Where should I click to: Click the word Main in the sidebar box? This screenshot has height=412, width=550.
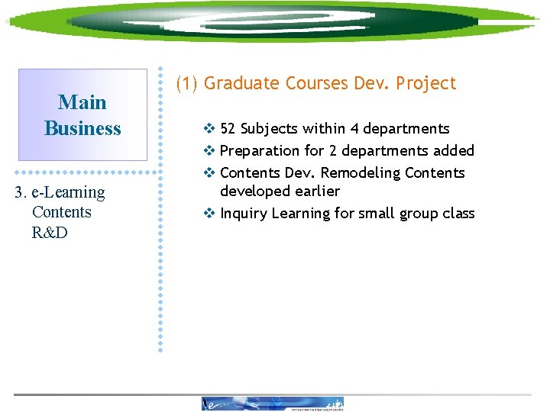pyautogui.click(x=82, y=102)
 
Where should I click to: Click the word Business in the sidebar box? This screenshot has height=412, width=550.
pyautogui.click(x=82, y=128)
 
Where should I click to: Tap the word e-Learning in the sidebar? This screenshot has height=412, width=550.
pyautogui.click(x=69, y=192)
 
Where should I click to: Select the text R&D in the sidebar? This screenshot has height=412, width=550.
pyautogui.click(x=50, y=233)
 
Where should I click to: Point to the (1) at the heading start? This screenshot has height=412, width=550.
pyautogui.click(x=188, y=83)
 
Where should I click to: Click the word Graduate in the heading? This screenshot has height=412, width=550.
pyautogui.click(x=239, y=83)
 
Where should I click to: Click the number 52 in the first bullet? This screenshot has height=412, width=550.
pyautogui.click(x=228, y=129)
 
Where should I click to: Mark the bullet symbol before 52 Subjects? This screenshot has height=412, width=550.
pyautogui.click(x=210, y=129)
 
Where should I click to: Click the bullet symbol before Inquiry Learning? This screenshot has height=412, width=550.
pyautogui.click(x=210, y=214)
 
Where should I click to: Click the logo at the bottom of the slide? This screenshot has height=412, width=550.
pyautogui.click(x=273, y=404)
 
